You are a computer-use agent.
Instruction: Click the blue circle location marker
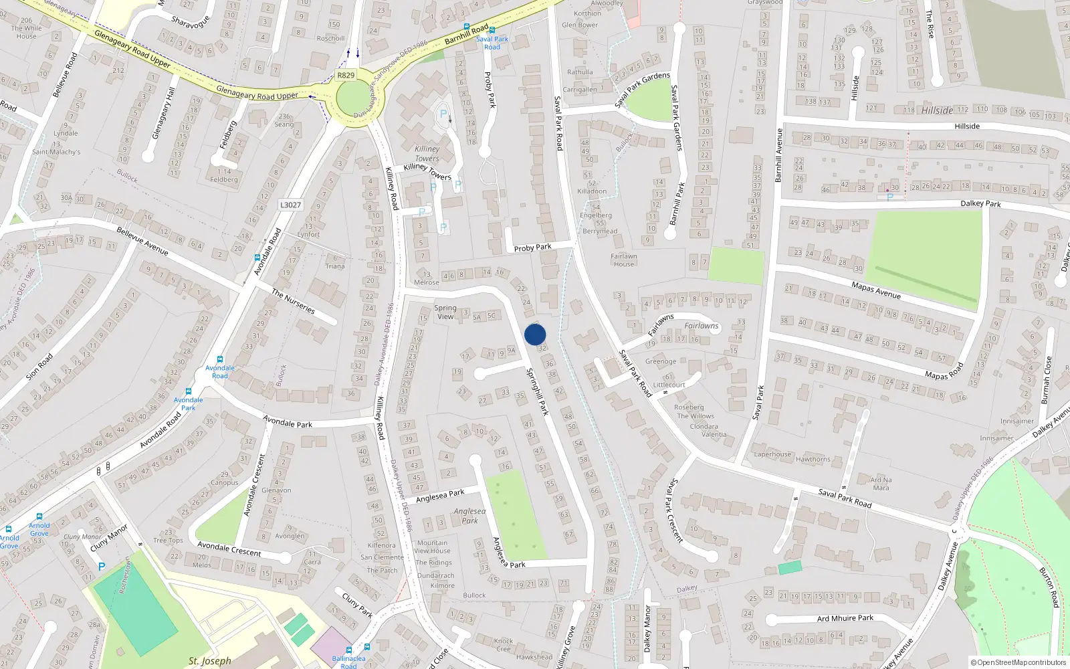click(535, 334)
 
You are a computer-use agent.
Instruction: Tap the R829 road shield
click(346, 76)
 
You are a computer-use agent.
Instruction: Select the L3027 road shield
click(290, 205)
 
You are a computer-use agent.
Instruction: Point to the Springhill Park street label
click(537, 391)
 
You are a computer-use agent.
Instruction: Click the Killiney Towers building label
click(427, 154)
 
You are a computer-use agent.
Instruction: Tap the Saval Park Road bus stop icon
click(492, 30)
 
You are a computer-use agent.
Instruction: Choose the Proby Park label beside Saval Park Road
click(532, 248)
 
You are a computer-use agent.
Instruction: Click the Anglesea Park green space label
click(469, 516)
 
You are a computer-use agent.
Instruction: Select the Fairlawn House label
click(623, 260)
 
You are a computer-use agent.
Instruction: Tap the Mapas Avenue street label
click(875, 290)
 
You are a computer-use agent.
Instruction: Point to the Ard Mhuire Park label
click(845, 618)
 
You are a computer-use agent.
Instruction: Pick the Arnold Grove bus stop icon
click(39, 517)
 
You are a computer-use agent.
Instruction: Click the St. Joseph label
click(209, 661)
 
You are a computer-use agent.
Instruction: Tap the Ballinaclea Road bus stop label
click(348, 662)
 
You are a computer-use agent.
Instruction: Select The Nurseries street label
click(293, 301)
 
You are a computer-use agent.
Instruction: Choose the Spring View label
click(445, 312)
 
